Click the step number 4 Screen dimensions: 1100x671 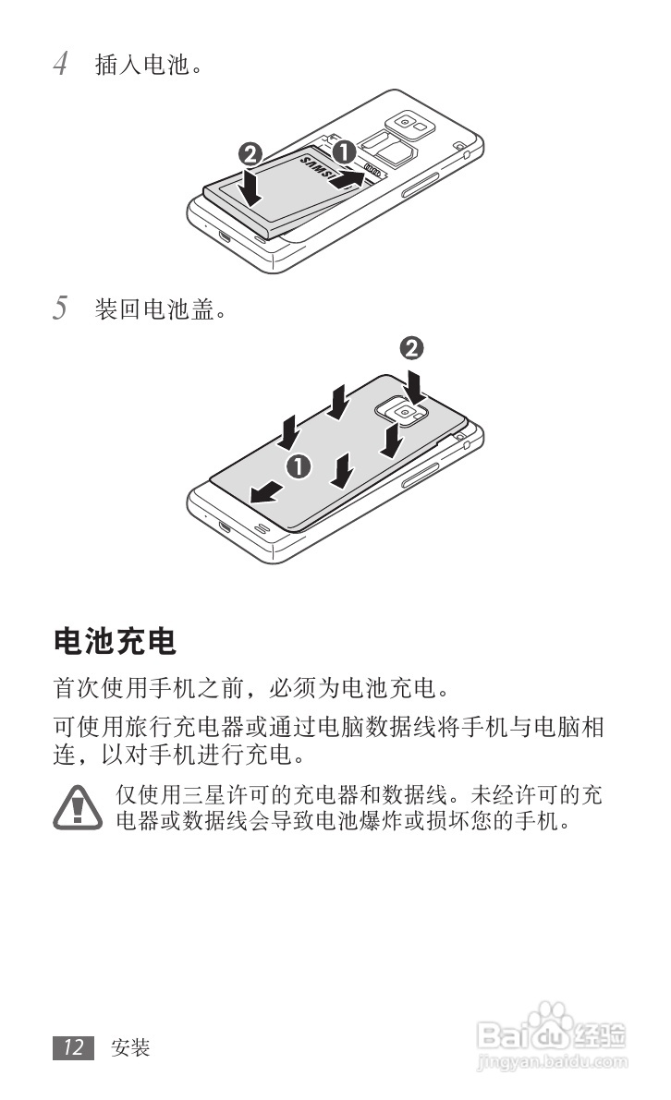(60, 65)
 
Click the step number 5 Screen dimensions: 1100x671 (60, 308)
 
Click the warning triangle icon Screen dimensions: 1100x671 (77, 807)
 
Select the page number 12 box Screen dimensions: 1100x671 (74, 1047)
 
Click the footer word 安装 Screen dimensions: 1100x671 (129, 1047)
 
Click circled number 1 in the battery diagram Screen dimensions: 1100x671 (344, 151)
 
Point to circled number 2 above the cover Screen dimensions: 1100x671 (412, 348)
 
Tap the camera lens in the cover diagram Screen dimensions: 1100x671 (405, 414)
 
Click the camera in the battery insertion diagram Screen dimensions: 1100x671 (404, 124)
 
